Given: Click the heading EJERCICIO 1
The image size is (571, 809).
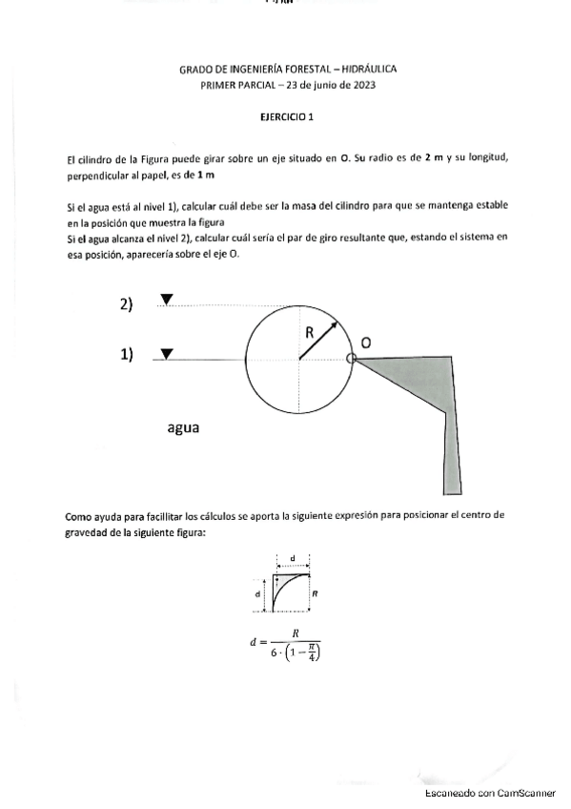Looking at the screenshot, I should click(x=287, y=116).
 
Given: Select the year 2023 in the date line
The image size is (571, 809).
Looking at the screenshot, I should click(x=360, y=85).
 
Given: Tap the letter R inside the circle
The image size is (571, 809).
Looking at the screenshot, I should click(x=310, y=333).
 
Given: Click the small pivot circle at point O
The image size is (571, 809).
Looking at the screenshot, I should click(x=351, y=359).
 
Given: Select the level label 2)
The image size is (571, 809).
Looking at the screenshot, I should click(x=126, y=304).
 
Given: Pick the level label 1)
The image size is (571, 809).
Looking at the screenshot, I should click(x=126, y=355).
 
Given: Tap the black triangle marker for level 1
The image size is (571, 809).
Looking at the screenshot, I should click(x=167, y=354).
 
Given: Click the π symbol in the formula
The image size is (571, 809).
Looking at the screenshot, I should click(x=306, y=647).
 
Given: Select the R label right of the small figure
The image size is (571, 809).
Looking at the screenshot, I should click(x=316, y=592).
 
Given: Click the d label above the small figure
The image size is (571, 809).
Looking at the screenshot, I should click(x=293, y=556).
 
